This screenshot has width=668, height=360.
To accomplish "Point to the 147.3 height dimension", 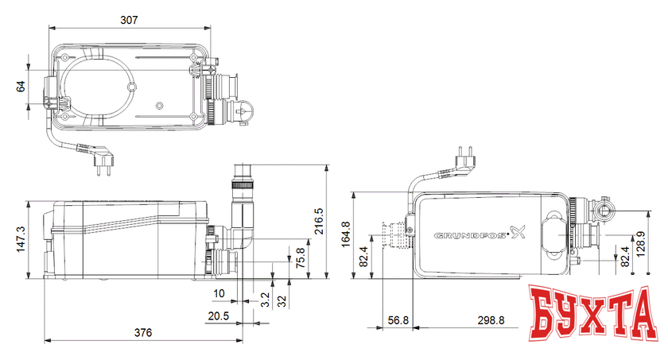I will [21, 238].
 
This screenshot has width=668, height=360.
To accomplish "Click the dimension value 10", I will [219, 293].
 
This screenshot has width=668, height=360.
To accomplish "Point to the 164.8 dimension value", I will [344, 233].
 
